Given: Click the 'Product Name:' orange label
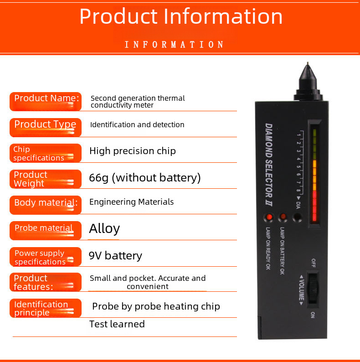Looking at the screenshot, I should tap(46, 101).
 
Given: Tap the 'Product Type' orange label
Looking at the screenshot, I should tap(46, 127).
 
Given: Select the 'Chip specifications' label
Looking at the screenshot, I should tap(46, 153).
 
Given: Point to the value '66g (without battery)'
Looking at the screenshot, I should tap(144, 177).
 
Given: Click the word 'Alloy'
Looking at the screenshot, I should tap(104, 228).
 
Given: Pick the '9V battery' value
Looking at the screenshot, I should tap(115, 256).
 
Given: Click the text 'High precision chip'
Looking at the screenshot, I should tap(132, 151).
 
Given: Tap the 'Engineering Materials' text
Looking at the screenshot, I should tap(131, 202).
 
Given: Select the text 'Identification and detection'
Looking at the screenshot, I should tap(137, 124).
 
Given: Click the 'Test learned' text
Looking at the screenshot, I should tap(117, 324).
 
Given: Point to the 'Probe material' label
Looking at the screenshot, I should tap(46, 230).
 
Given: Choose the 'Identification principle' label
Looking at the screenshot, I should tap(46, 308).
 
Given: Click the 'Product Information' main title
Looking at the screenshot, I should tap(181, 16).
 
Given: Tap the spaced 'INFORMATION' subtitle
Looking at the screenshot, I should tap(174, 45).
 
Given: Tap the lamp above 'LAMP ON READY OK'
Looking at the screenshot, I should tap(269, 217).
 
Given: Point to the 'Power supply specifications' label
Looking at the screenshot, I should tap(46, 257).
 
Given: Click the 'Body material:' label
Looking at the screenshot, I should tap(46, 204).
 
